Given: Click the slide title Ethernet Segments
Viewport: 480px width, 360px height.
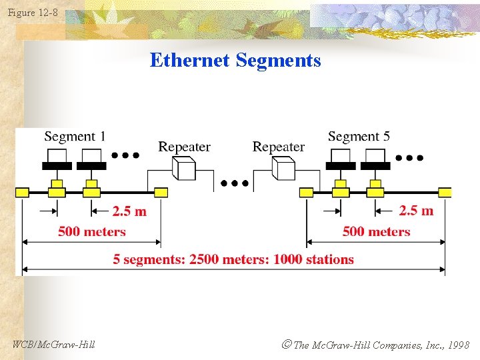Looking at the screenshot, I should [x=235, y=61].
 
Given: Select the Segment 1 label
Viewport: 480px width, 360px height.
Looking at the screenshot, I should [x=75, y=137].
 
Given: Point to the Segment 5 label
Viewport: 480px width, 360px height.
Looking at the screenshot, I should [x=359, y=137].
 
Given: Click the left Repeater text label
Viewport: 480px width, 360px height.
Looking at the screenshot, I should [x=184, y=147].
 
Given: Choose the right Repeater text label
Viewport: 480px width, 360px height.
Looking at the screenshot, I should [x=279, y=147].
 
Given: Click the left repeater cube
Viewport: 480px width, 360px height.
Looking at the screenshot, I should [x=183, y=168].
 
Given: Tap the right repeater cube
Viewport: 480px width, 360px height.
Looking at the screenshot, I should [x=283, y=168].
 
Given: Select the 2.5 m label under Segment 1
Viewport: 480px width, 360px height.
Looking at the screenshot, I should [x=129, y=211].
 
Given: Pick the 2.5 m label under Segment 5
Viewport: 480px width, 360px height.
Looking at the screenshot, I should [x=416, y=211].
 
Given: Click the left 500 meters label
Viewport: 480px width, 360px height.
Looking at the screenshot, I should [x=91, y=232].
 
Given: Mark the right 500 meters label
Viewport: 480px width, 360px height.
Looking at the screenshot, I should [x=377, y=232].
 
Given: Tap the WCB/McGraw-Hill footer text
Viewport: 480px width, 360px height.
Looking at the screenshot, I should [x=53, y=344].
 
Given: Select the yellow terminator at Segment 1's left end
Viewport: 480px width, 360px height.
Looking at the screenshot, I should [x=23, y=193].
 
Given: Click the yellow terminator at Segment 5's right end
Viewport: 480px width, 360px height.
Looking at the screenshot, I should [x=445, y=193].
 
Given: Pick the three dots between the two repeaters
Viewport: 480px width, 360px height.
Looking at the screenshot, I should [x=235, y=182].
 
